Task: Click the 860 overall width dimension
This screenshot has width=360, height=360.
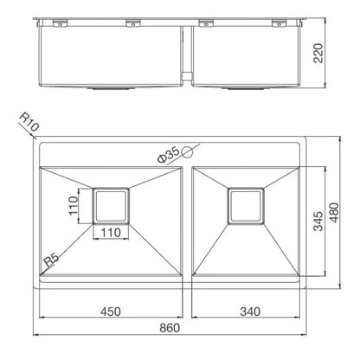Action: coord(170,328)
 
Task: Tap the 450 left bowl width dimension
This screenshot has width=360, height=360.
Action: coord(111,312)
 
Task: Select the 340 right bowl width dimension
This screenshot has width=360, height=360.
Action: coord(250,312)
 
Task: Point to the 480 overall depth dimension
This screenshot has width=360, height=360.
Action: coord(334,213)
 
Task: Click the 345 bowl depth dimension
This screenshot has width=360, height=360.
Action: coord(318,222)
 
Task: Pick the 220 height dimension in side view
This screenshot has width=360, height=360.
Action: coord(318,53)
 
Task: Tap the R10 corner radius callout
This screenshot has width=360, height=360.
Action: coord(29,122)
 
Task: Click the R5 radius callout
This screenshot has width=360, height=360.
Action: coord(52,260)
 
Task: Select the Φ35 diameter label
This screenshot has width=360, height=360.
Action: coord(169,155)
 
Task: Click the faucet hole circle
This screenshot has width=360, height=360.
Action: coord(188,152)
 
